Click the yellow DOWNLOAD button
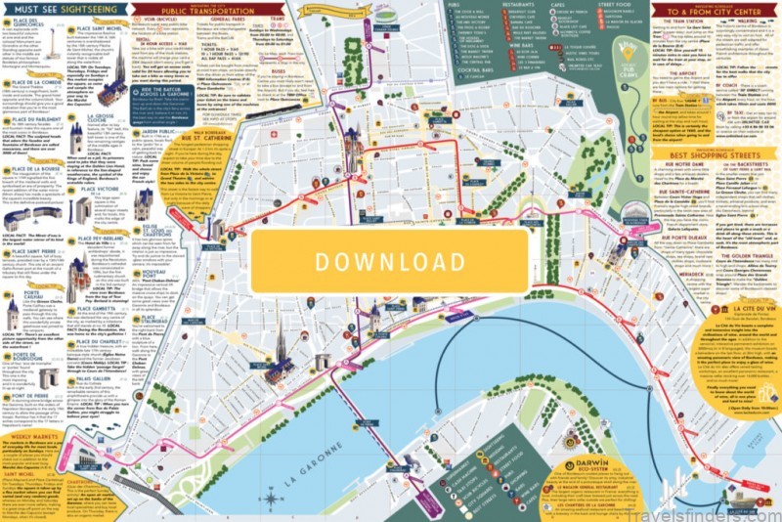(390, 261)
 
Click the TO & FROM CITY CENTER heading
(711, 10)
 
